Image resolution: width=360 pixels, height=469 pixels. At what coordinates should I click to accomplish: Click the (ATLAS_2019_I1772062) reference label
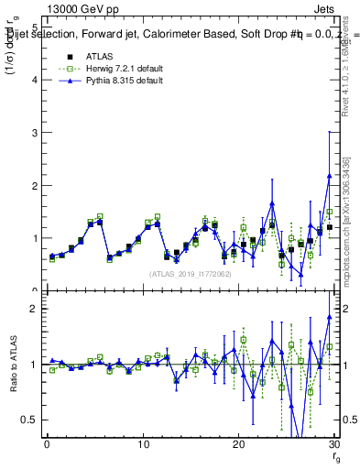(x=191, y=274)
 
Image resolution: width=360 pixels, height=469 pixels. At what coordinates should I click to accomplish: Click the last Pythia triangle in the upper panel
(x=330, y=175)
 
